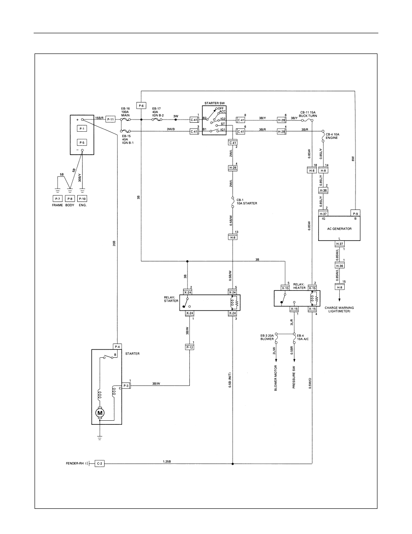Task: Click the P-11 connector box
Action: (111, 119)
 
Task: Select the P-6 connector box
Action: (141, 106)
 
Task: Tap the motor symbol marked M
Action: (100, 413)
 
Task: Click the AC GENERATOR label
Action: (339, 229)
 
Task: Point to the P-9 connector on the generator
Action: (355, 213)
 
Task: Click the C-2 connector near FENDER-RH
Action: (100, 463)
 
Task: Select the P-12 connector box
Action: (189, 347)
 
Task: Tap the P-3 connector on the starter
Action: (126, 386)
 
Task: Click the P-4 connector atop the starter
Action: (117, 347)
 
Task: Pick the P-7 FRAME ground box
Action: (57, 199)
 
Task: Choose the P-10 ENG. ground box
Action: (82, 199)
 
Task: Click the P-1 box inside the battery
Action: (82, 129)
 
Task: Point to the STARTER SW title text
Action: (215, 103)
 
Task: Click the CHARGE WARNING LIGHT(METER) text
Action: (339, 310)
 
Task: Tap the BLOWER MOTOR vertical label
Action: (276, 378)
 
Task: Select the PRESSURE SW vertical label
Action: (294, 378)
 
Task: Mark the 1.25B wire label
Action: (167, 462)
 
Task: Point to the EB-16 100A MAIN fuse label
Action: (126, 111)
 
